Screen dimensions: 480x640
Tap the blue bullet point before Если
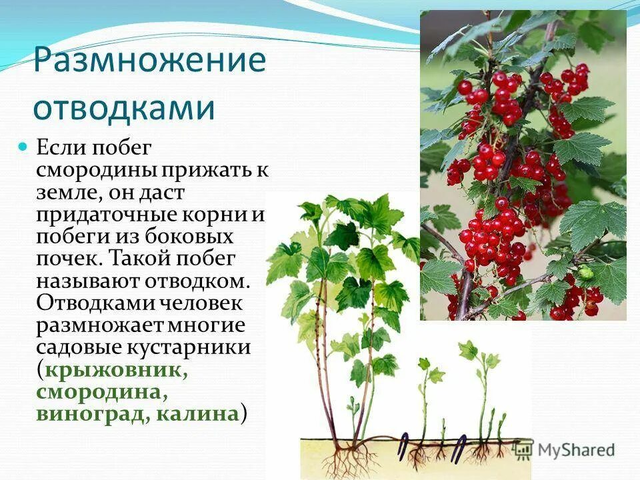[23, 145]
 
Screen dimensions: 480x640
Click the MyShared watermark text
[576, 450]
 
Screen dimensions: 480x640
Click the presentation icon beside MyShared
[523, 450]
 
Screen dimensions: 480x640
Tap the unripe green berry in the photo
[585, 271]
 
